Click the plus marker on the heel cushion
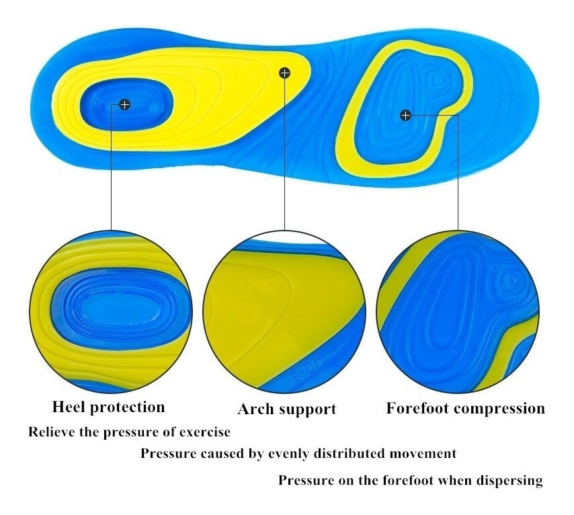tap(125, 105)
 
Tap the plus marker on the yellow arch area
tap(284, 73)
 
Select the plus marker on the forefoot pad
tap(405, 116)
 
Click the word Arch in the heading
tap(256, 409)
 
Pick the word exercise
tap(204, 432)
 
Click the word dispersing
tap(509, 481)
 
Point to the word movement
tap(423, 454)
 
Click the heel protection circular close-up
tap(111, 312)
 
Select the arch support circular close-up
tap(285, 312)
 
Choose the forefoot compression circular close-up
tap(458, 312)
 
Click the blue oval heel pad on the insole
tap(126, 104)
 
